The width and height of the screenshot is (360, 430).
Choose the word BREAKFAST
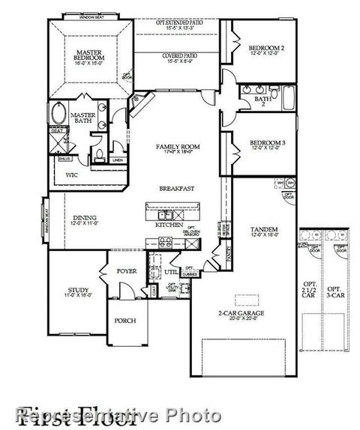(x=176, y=189)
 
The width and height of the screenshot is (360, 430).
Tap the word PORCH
(x=124, y=320)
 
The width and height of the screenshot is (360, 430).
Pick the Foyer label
(x=126, y=270)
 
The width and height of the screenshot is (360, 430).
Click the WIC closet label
(x=71, y=175)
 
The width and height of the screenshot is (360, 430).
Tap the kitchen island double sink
(x=172, y=208)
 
